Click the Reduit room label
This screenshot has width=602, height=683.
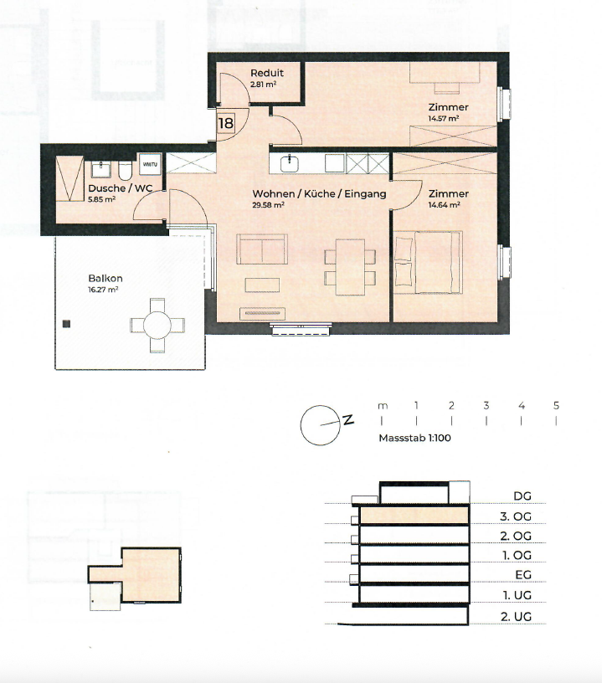click(x=266, y=73)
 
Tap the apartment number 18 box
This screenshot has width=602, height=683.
click(x=225, y=123)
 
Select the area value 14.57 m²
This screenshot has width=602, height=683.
click(x=444, y=119)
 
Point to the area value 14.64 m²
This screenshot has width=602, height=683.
click(x=444, y=205)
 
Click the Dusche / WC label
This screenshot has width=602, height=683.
click(x=121, y=188)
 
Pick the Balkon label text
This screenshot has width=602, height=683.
click(x=105, y=279)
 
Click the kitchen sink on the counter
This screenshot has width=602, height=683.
click(x=289, y=163)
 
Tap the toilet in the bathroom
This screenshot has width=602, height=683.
click(x=125, y=171)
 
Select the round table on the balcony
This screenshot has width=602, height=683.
click(x=157, y=325)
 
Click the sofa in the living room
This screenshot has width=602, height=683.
click(x=262, y=249)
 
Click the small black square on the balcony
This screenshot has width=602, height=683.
click(x=66, y=324)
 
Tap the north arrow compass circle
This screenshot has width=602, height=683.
click(x=320, y=425)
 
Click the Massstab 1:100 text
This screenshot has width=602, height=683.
click(x=414, y=438)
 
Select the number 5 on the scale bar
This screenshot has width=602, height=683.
click(x=556, y=405)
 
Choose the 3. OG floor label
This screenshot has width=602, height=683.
click(x=515, y=516)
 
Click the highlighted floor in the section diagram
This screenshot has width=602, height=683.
click(x=414, y=515)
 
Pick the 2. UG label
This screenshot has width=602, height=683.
click(x=516, y=617)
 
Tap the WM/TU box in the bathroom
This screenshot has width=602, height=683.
click(x=150, y=164)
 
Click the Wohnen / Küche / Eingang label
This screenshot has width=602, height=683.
click(x=319, y=194)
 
